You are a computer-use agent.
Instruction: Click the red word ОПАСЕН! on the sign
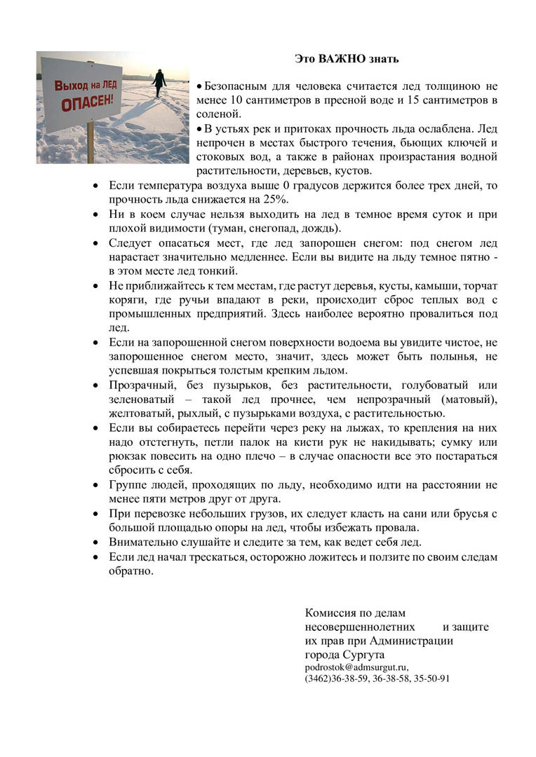pos(88,102)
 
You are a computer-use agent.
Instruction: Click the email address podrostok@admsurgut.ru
pos(356,667)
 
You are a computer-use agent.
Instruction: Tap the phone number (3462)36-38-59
pos(336,678)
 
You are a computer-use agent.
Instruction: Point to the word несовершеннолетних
pos(359,627)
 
